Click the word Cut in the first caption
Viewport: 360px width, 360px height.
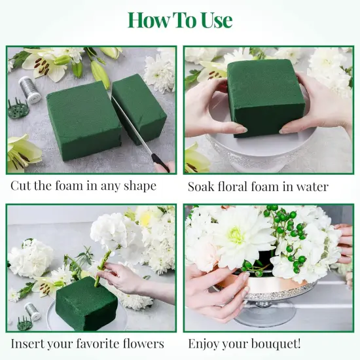click(x=21, y=186)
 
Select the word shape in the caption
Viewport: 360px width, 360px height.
click(x=138, y=187)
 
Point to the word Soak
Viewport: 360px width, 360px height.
click(x=202, y=187)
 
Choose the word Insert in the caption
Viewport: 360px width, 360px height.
click(x=28, y=343)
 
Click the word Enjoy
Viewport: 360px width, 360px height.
click(x=205, y=343)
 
